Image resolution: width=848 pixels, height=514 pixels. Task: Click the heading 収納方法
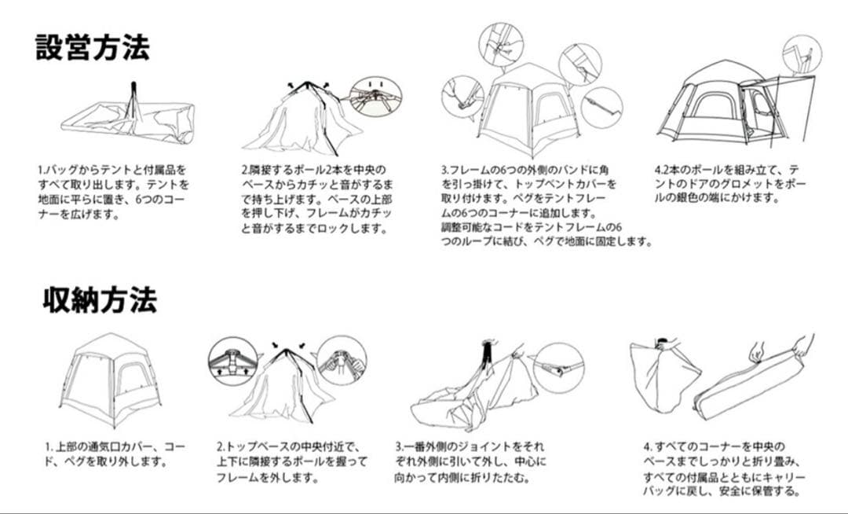pos(100,299)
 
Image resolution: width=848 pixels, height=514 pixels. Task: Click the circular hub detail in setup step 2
pos(375,97)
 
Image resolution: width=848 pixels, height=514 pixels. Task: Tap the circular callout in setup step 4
pos(802,54)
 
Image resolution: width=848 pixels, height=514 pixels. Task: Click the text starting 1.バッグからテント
pos(114,192)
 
